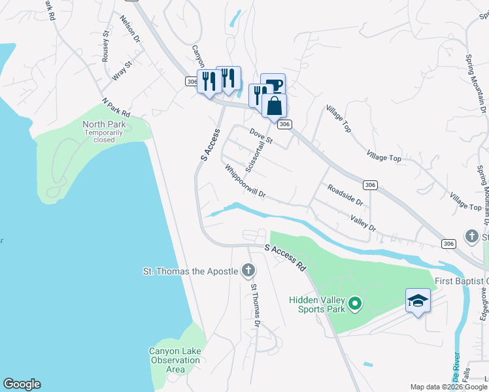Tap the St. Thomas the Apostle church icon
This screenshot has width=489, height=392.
click(x=248, y=270)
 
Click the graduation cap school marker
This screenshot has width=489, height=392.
click(x=418, y=301)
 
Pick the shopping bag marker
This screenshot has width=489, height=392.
click(x=274, y=105)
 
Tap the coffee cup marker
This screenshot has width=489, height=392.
click(x=273, y=85)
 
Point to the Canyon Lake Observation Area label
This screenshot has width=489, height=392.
click(x=175, y=360)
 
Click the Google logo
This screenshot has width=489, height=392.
click(x=22, y=384)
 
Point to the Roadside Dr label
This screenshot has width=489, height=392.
click(x=345, y=194)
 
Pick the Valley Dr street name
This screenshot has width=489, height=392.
click(x=363, y=223)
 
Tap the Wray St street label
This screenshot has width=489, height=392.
click(x=122, y=71)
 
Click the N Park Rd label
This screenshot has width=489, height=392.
click(x=116, y=107)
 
